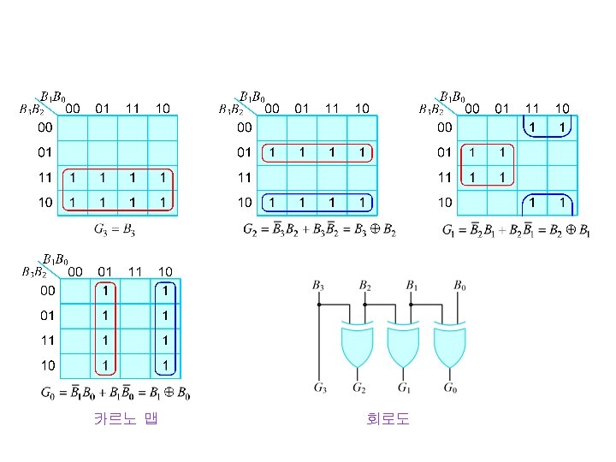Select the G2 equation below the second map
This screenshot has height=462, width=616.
coord(320,229)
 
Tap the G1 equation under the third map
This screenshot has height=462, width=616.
coord(516,229)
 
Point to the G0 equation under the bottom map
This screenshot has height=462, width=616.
coord(115,394)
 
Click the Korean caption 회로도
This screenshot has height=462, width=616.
coord(388,419)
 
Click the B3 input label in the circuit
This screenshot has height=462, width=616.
coord(318,284)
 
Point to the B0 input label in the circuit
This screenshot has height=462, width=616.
coord(460,284)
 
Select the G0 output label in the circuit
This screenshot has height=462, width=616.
coord(452,388)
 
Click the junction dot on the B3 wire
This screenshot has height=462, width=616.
coord(318,304)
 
